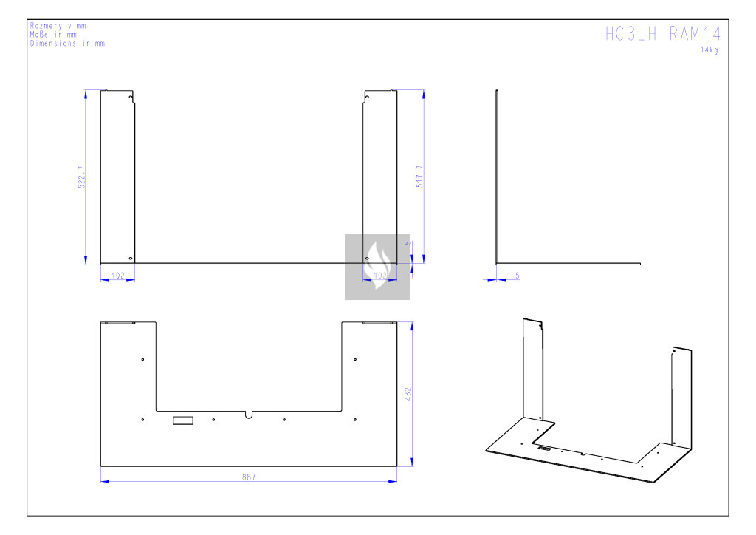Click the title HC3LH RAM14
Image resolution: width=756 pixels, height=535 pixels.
tap(663, 34)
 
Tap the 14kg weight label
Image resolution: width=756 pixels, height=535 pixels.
tap(709, 50)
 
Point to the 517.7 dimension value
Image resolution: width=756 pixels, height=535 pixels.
tap(419, 177)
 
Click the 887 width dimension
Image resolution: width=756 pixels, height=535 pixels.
tap(249, 477)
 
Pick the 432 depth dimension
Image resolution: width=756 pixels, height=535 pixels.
tap(408, 394)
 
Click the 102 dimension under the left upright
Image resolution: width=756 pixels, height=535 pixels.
tap(118, 276)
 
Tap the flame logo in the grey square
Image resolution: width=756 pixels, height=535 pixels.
tap(377, 265)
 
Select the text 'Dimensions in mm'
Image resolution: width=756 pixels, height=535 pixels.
tap(67, 44)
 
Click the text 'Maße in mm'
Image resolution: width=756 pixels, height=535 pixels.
tap(53, 35)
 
